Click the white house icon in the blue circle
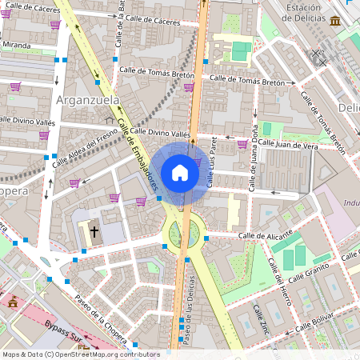click(x=180, y=173)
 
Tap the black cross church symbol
click(x=94, y=232)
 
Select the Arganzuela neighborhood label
click(x=88, y=100)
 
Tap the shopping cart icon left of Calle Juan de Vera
click(x=242, y=144)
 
